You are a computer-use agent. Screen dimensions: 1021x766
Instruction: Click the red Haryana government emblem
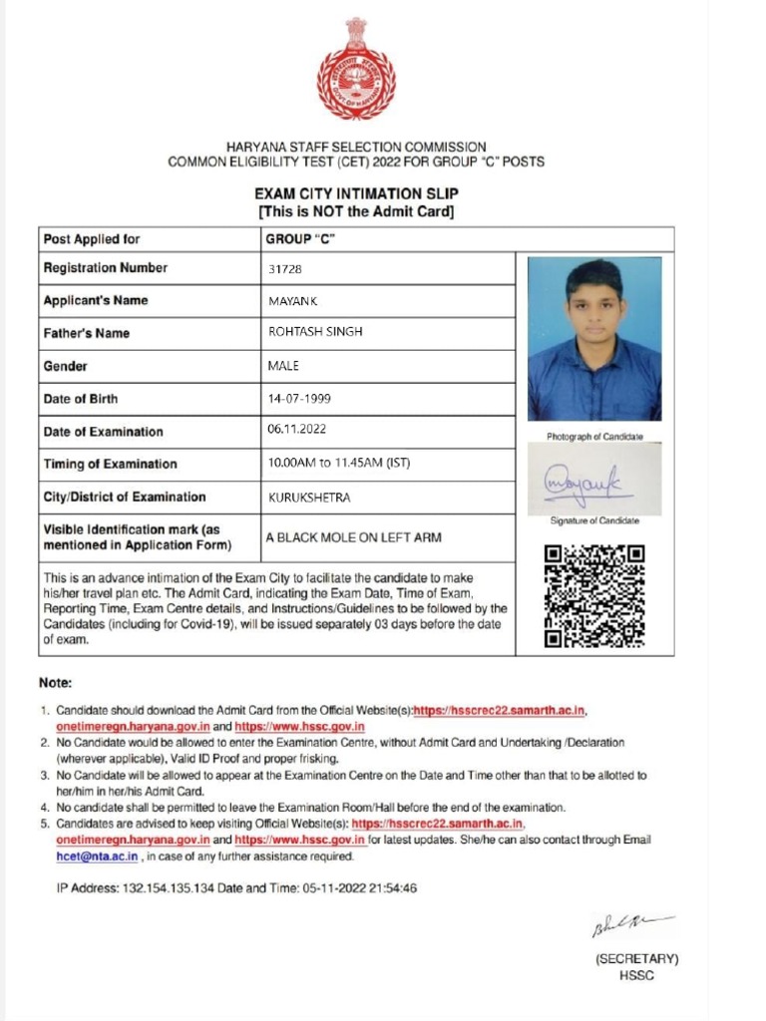356,70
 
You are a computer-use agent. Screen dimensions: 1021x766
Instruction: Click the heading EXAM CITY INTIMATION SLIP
356,193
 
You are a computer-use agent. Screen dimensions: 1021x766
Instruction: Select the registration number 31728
285,269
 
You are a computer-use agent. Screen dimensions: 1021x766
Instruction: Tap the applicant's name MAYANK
292,301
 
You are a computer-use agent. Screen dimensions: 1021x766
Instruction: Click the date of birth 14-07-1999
299,399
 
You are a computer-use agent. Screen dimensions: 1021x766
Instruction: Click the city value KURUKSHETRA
309,497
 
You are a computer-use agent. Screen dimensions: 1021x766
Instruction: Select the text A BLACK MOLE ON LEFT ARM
353,537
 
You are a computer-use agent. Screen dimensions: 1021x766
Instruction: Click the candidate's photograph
593,339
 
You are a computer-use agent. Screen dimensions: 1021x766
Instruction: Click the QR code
594,595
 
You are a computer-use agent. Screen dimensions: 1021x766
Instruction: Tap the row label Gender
66,366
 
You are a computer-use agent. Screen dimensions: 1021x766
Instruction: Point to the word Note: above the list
55,683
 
